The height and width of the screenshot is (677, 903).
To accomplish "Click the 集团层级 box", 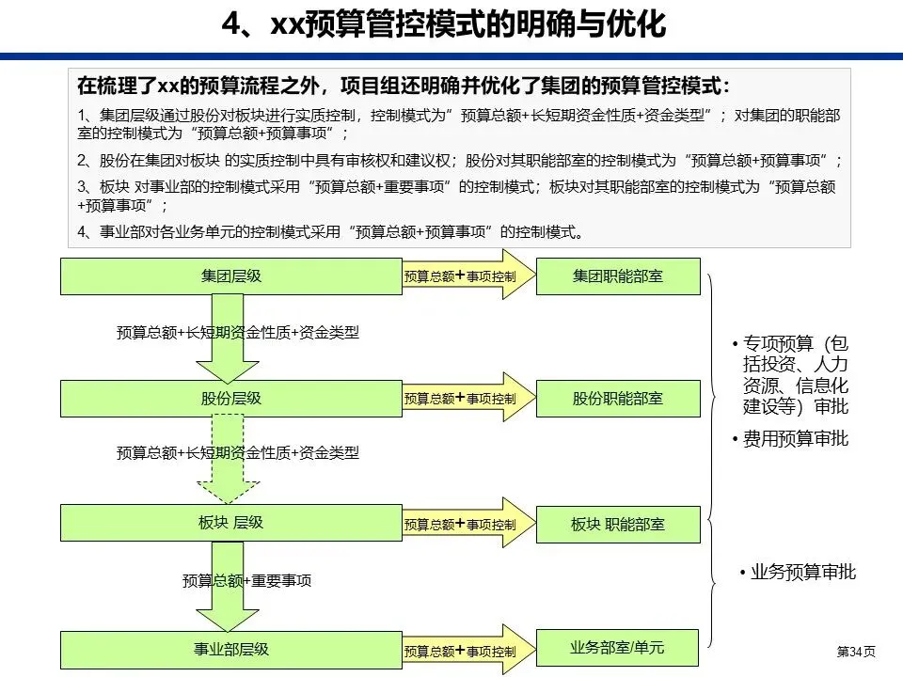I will click(231, 276).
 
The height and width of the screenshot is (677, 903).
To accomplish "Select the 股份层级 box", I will click(231, 399).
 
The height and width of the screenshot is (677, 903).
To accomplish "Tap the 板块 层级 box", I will click(231, 523).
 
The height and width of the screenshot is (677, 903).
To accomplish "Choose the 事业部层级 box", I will click(231, 649).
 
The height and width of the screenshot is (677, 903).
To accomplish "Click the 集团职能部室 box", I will click(618, 276).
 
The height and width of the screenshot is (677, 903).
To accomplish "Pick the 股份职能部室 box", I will click(618, 399).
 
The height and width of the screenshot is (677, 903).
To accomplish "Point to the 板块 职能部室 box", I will click(618, 524).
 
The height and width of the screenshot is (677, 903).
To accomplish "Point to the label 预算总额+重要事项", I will click(247, 581).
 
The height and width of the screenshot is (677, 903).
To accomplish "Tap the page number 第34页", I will click(855, 651).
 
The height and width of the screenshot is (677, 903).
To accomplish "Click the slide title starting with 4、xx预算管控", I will click(443, 24).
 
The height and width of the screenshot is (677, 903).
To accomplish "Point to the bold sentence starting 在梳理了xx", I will click(403, 87).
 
